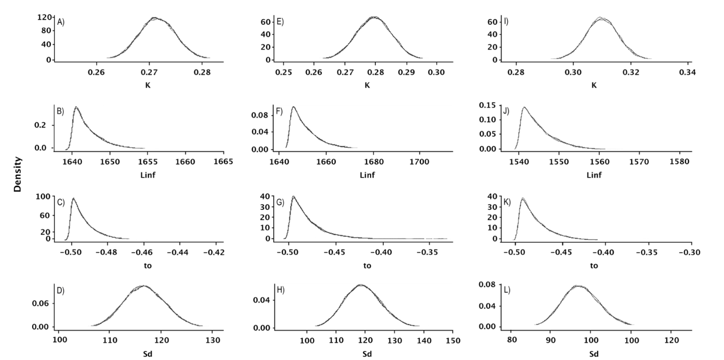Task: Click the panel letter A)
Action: (x=61, y=22)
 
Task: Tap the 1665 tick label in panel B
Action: (x=223, y=162)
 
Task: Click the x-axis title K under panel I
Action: (x=594, y=84)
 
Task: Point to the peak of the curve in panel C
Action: (x=73, y=198)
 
